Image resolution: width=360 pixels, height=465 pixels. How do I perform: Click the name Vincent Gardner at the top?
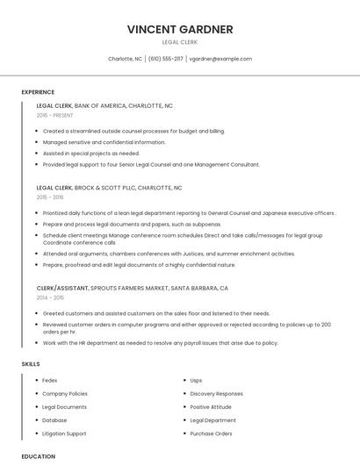[180, 29]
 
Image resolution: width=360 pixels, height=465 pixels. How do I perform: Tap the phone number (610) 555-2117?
[166, 59]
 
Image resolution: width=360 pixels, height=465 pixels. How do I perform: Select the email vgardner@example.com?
[220, 59]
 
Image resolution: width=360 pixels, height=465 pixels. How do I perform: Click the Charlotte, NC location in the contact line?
[125, 59]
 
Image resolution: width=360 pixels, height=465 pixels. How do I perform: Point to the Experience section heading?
[38, 92]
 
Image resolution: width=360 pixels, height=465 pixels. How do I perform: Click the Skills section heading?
[31, 363]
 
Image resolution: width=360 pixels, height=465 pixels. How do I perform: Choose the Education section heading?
[39, 456]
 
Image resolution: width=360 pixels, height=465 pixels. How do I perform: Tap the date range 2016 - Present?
[55, 115]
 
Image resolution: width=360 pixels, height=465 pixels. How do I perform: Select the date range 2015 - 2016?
[50, 197]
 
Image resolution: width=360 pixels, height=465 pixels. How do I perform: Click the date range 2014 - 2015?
[50, 297]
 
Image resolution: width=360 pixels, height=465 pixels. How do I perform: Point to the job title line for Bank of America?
[104, 105]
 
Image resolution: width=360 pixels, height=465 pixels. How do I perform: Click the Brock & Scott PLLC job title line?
[109, 188]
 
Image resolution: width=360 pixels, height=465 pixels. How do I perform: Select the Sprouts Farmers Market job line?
[132, 288]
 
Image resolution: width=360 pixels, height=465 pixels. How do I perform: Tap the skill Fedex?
[50, 381]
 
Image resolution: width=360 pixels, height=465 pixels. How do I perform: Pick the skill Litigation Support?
[64, 433]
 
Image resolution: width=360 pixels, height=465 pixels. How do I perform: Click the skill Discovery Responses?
[216, 394]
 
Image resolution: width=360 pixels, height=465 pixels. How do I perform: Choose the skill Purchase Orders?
[211, 433]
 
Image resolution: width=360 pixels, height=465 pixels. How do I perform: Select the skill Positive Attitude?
[212, 407]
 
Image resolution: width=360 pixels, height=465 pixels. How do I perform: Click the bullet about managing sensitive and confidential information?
[104, 142]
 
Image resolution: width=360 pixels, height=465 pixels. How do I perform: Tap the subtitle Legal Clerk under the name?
[180, 42]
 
